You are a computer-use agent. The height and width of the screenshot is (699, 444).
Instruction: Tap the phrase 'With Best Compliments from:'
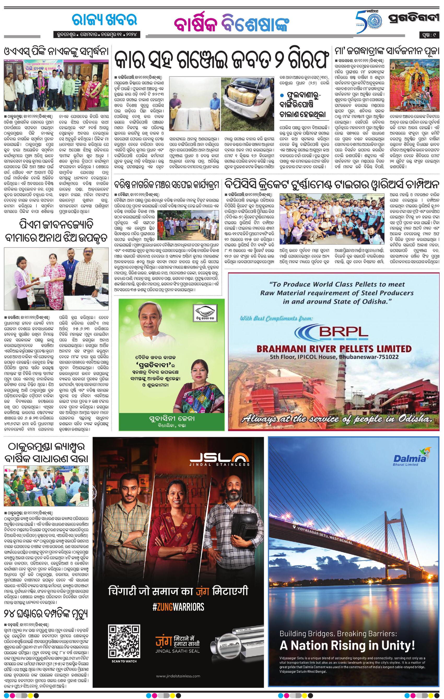277,318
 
